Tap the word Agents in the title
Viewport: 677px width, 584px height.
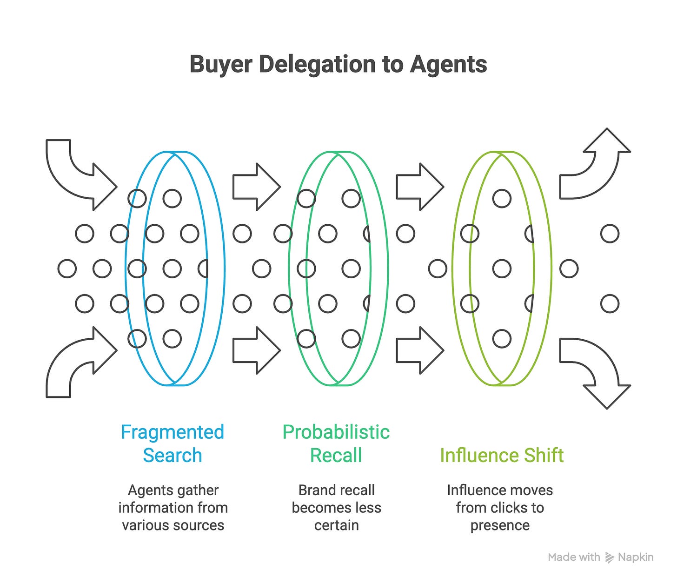point(448,64)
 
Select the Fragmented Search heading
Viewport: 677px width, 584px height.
point(173,443)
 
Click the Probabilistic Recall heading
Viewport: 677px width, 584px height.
point(336,443)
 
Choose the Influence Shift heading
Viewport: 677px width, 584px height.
point(502,455)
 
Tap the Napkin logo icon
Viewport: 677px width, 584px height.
point(609,557)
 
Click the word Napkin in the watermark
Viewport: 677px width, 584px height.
point(636,557)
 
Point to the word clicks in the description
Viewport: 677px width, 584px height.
point(505,508)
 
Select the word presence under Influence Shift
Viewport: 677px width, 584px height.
point(500,525)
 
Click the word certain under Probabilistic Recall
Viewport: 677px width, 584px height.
point(336,525)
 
